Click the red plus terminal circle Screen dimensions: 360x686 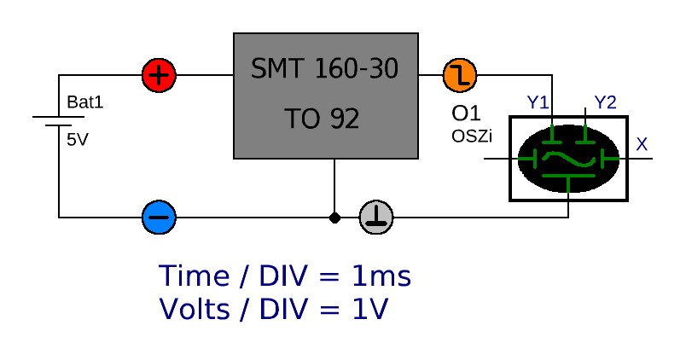[159, 75]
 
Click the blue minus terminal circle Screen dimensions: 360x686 [159, 217]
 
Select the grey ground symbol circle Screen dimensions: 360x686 [376, 217]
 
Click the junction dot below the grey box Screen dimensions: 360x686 [334, 218]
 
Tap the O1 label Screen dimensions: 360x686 [467, 114]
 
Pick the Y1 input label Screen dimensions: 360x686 [538, 103]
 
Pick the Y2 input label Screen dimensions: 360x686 [605, 103]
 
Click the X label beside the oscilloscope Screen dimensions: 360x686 [642, 145]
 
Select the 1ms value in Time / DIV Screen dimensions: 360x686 [381, 277]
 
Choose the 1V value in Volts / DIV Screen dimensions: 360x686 [369, 309]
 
